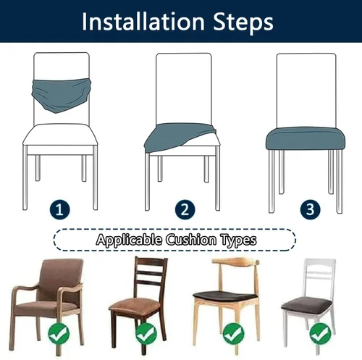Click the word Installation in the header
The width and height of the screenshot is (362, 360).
point(143,22)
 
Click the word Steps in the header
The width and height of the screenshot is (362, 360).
point(243,23)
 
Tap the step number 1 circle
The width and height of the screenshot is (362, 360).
point(59,209)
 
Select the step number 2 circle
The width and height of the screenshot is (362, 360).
point(185,209)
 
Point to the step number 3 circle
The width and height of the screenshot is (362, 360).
point(311,209)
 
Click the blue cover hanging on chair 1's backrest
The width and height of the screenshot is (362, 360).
point(62,94)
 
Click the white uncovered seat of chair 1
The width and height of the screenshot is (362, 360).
point(60,135)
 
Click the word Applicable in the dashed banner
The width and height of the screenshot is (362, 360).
point(129,240)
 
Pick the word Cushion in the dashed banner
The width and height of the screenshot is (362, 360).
point(191,240)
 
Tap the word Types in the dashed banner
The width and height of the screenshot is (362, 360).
point(238,240)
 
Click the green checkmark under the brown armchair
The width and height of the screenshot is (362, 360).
point(59,334)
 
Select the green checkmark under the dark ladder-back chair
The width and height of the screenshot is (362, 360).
point(146,334)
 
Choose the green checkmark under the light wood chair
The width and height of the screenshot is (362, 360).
point(233,334)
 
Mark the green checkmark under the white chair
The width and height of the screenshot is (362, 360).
point(320,334)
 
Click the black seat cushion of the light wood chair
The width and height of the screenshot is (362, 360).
point(226,296)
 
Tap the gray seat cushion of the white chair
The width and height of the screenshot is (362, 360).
point(307,306)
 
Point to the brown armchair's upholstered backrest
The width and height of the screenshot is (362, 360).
point(62,280)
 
